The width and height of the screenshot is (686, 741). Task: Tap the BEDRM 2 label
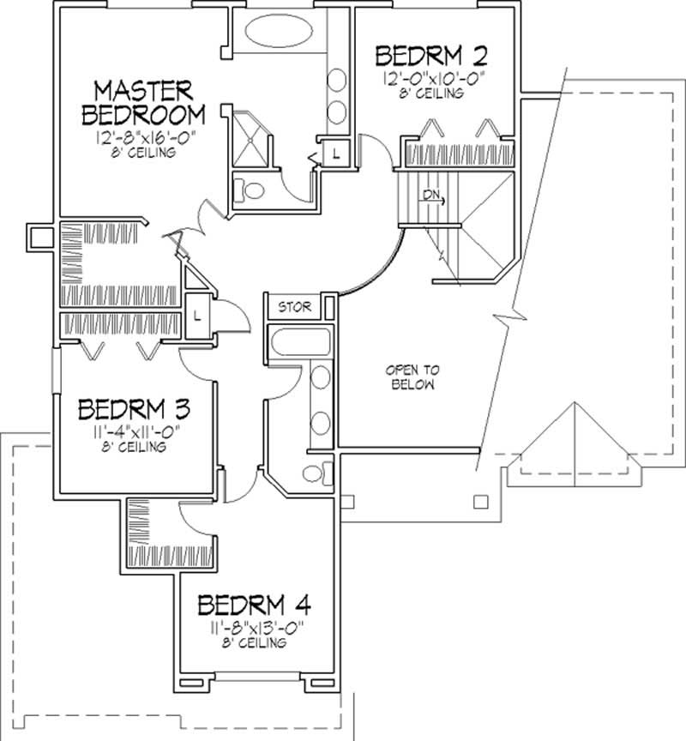click(x=432, y=57)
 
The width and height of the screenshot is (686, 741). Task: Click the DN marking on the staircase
click(x=430, y=196)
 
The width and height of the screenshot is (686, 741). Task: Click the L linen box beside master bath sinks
click(x=335, y=154)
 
